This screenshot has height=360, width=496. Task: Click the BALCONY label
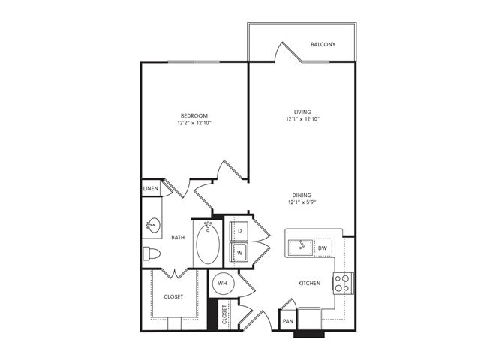[x=323, y=45]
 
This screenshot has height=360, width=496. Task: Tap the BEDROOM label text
[x=194, y=115]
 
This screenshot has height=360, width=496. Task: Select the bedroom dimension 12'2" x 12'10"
[x=194, y=123]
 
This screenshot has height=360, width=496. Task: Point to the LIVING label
[x=302, y=112]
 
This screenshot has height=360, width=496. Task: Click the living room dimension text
[x=302, y=119]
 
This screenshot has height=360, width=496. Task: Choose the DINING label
[x=302, y=195]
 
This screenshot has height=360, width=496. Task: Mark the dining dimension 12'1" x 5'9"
[x=302, y=202]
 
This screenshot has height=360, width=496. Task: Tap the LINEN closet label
[x=151, y=189]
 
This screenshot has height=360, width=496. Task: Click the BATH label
[x=178, y=238]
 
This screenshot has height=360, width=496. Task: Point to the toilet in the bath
[x=151, y=253]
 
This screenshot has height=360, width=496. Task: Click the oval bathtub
[x=208, y=242]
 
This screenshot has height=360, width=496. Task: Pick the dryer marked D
[x=239, y=229]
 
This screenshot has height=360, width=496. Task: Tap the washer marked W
[x=239, y=252]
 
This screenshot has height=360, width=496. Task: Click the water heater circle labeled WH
[x=222, y=283]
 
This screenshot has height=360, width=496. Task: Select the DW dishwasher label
[x=322, y=247]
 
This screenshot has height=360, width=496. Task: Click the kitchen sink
[x=299, y=246]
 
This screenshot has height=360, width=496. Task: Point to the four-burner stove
[x=342, y=283]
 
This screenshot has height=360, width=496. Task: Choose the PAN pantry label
[x=287, y=320]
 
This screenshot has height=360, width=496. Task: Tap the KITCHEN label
[x=309, y=283]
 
